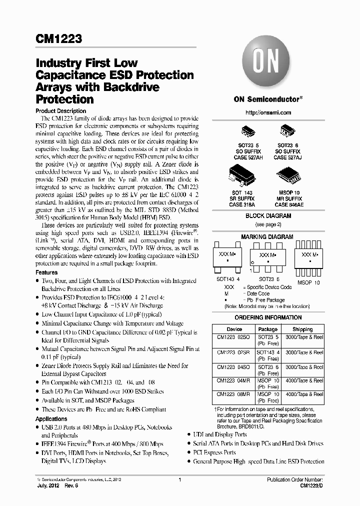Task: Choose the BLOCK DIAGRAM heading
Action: click(268, 216)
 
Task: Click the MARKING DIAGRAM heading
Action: click(267, 236)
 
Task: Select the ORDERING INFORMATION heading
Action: click(268, 317)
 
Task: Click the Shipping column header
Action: click(302, 329)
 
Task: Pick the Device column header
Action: click(234, 329)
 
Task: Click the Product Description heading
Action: click(61, 111)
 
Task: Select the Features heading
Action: click(47, 272)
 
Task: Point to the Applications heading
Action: click(51, 419)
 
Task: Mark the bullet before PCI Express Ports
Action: click(189, 452)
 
